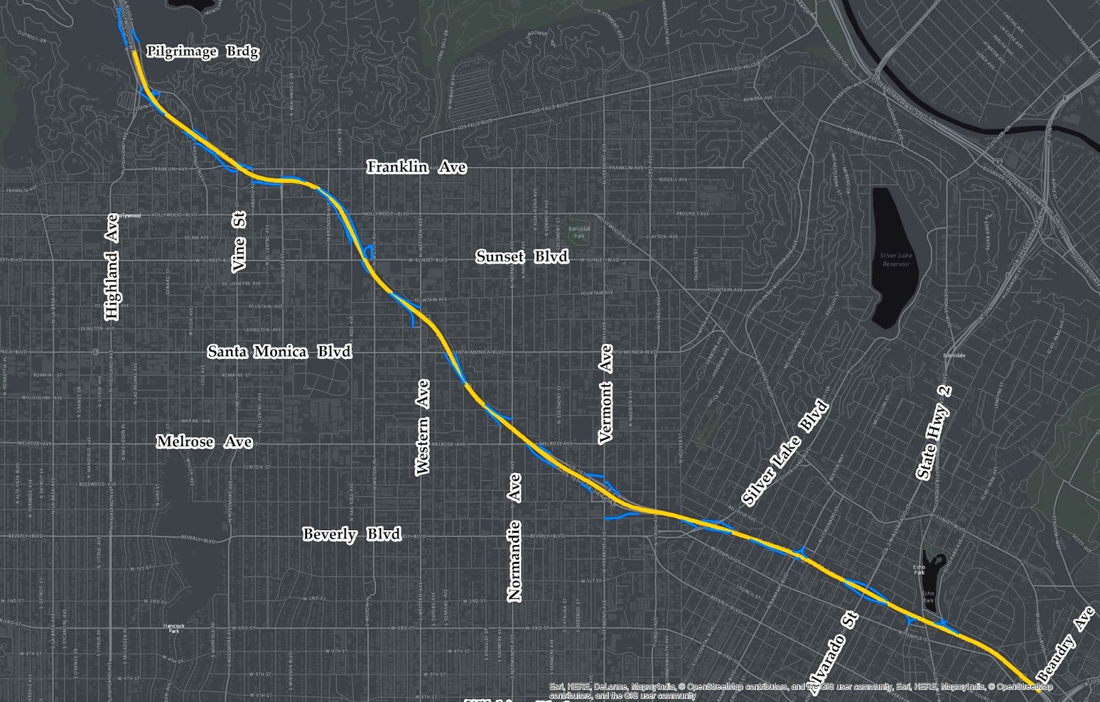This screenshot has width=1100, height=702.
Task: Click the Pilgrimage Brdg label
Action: pos(203,52)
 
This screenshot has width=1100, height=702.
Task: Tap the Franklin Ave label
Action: pos(416,167)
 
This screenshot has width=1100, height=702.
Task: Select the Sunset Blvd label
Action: pos(522,257)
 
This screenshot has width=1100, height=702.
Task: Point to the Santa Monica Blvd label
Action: pos(279,351)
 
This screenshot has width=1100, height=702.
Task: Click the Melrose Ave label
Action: pos(204,441)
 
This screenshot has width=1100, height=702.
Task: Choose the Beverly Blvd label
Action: pos(351,534)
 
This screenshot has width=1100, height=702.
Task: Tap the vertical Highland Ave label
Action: pos(111,267)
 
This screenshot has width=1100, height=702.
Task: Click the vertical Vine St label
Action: pos(239,241)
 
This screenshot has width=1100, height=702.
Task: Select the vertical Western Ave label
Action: pos(422,427)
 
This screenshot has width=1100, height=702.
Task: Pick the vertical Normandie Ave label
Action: pos(514,537)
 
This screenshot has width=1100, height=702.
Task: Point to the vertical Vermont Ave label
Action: pos(605,395)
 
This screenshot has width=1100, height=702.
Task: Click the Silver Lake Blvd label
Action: pos(785,452)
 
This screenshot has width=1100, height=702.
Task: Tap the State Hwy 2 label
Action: pos(934,432)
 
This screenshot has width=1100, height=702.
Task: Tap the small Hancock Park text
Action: pos(174,627)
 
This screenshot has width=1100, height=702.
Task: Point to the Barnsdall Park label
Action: pos(579,232)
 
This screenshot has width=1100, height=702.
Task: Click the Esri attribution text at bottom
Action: pos(801,690)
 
